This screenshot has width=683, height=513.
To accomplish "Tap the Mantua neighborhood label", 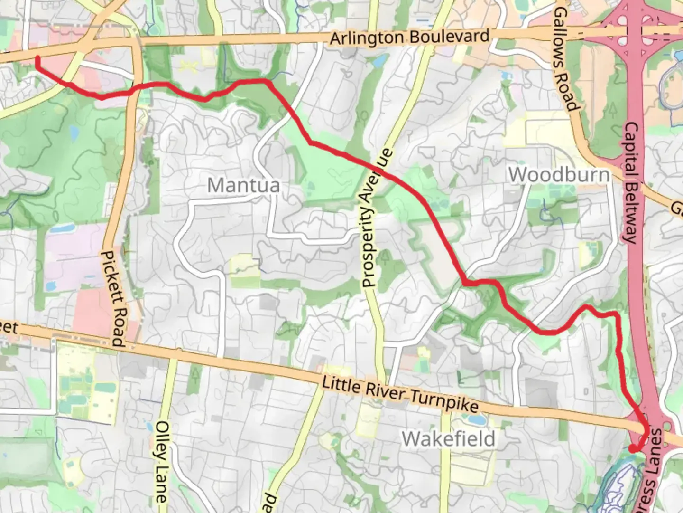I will coord(243,185).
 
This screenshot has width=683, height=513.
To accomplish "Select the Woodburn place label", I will coord(559,174).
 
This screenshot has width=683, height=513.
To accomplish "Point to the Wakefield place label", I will coord(448,438).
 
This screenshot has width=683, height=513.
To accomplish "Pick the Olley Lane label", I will coord(161,461).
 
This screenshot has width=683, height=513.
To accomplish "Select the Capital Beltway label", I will coord(631,183).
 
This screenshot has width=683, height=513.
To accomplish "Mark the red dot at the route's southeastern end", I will coord(632,448).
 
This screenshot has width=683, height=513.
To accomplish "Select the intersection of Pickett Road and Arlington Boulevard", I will coord(136,42).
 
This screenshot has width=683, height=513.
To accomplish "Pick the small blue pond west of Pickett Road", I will coord(74,132).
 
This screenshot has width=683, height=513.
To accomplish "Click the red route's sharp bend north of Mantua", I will coord(268,82).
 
